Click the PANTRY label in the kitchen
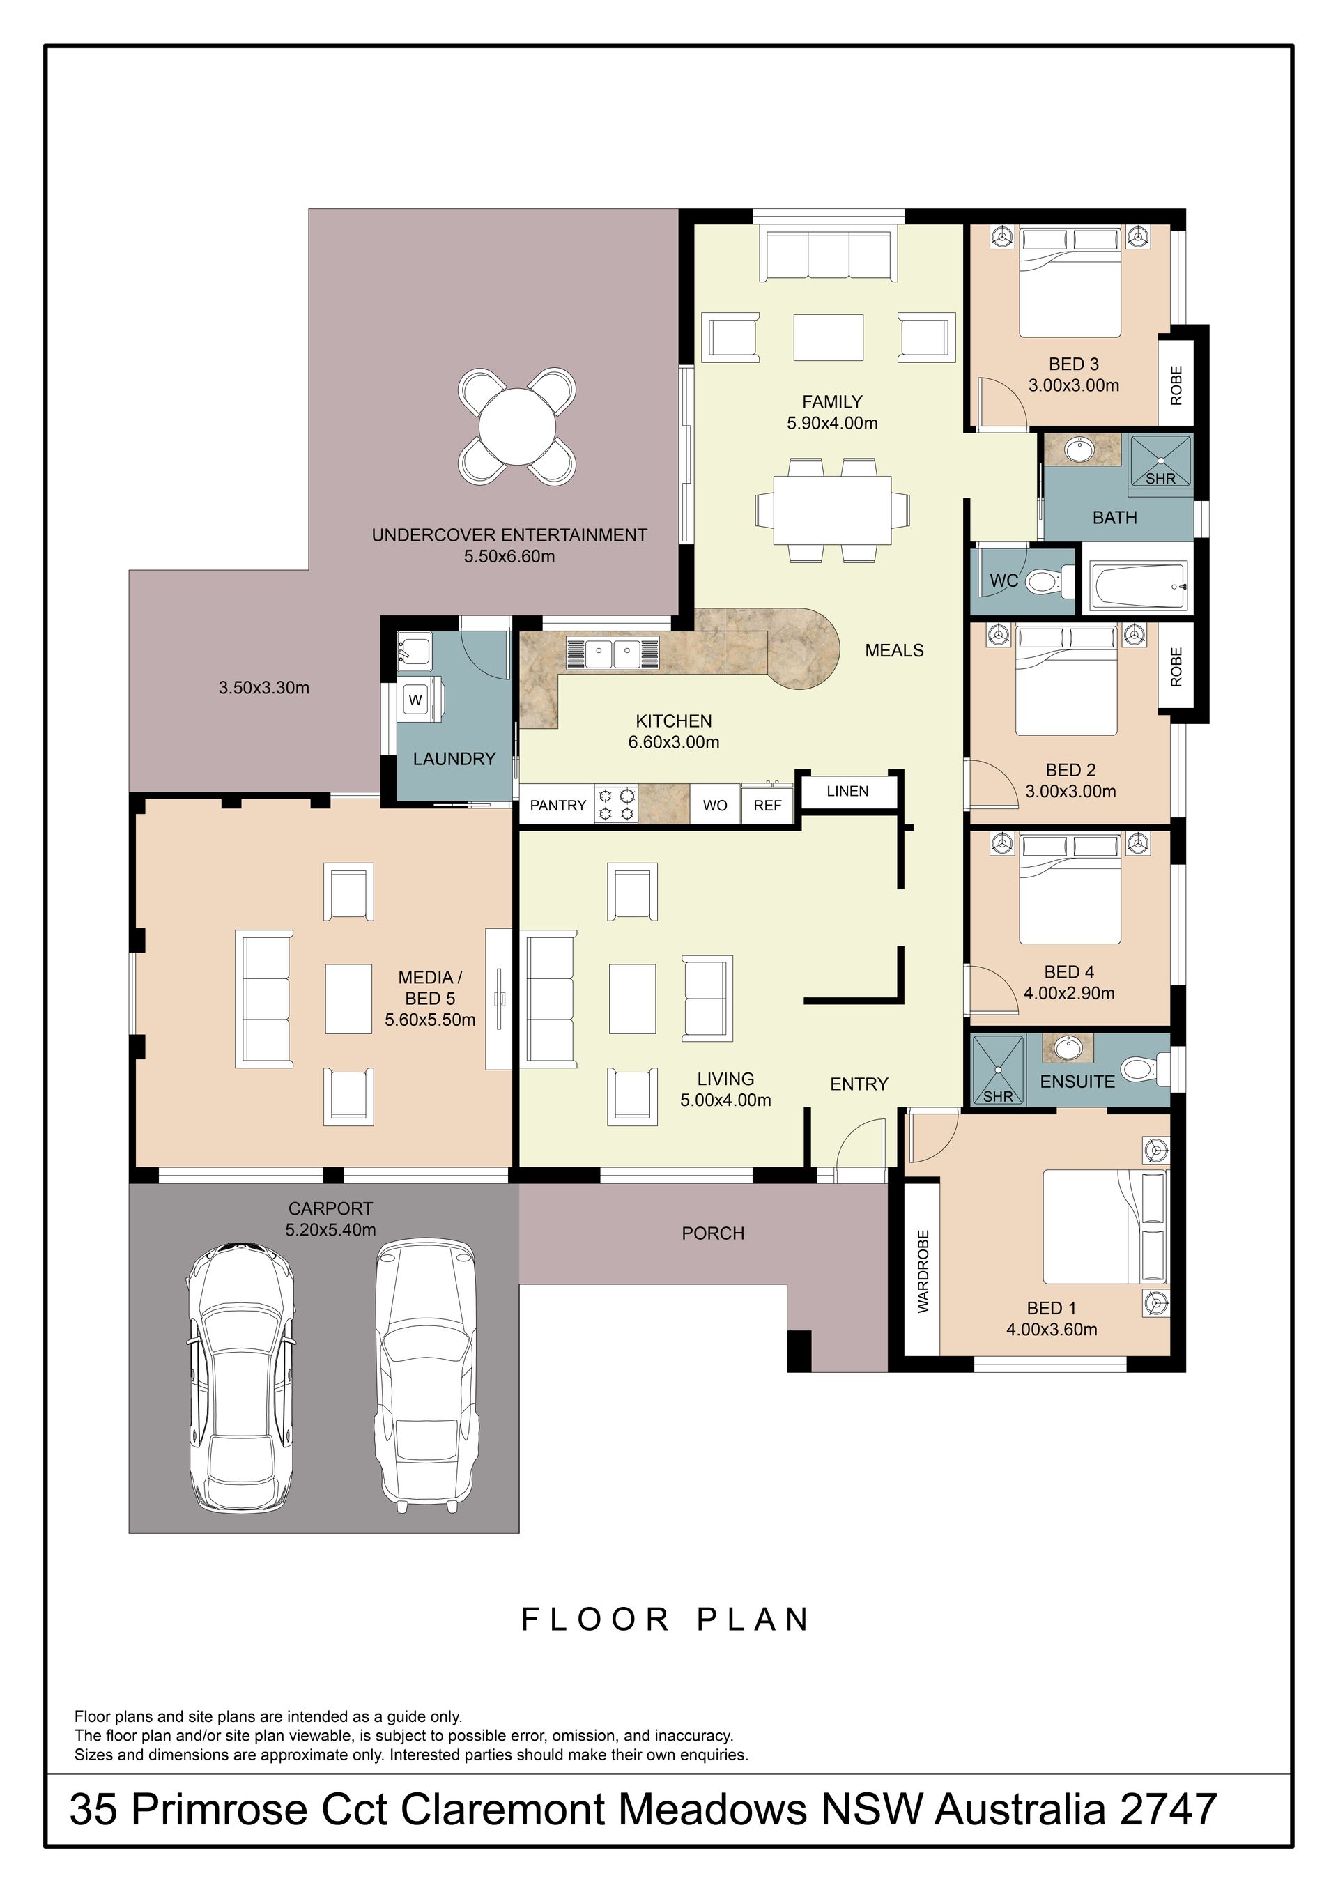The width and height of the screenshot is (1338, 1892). (x=557, y=805)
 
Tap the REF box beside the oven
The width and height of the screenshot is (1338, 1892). (x=767, y=804)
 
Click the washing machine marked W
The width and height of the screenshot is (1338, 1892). (x=421, y=700)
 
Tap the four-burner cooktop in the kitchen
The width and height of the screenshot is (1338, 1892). (x=616, y=805)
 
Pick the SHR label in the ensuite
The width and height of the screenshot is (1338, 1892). (x=998, y=1097)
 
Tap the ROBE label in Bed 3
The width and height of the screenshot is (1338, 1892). (x=1176, y=385)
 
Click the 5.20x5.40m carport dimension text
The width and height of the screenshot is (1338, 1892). (x=330, y=1230)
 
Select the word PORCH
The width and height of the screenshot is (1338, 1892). (x=713, y=1233)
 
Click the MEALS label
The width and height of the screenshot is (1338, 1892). (x=894, y=651)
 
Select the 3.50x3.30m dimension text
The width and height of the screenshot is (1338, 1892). (x=263, y=687)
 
